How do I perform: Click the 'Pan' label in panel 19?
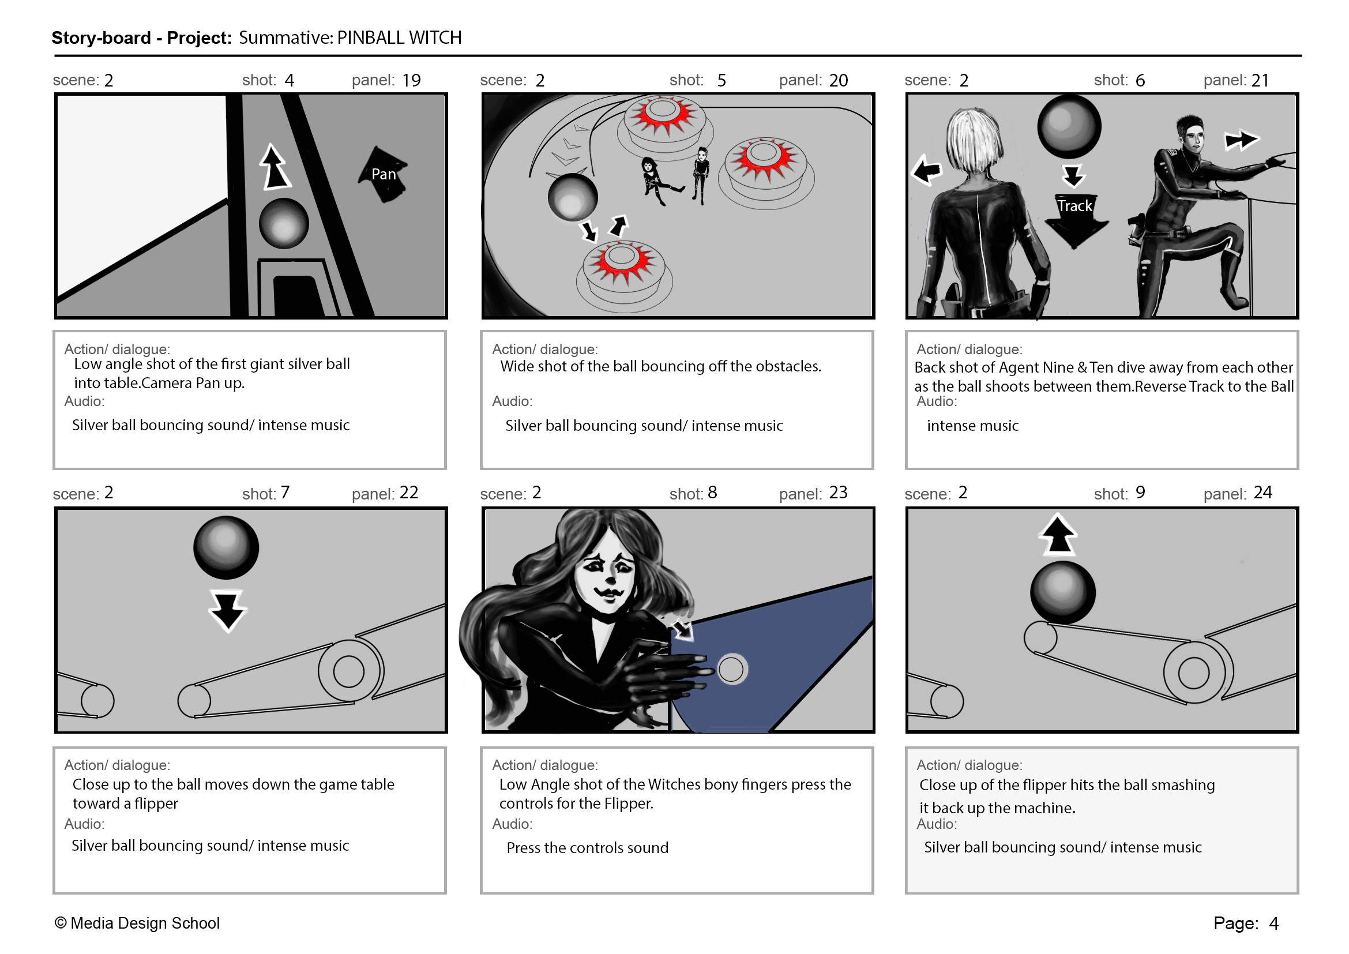(x=383, y=174)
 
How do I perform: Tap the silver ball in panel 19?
(x=284, y=223)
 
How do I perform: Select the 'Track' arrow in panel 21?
(x=1076, y=221)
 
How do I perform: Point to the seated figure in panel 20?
(x=657, y=181)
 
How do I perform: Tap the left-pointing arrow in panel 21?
(x=927, y=170)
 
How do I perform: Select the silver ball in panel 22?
(x=226, y=547)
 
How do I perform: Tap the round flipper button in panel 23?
(x=731, y=669)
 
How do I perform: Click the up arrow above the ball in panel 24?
(x=1058, y=534)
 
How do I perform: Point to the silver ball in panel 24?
(x=1062, y=592)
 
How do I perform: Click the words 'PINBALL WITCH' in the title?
(x=399, y=37)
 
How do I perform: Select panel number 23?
(x=839, y=492)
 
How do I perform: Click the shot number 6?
(x=1140, y=80)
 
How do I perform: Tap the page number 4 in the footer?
(x=1274, y=923)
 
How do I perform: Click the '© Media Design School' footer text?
(x=137, y=923)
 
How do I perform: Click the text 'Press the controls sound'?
(x=588, y=848)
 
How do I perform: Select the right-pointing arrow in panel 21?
(x=1241, y=140)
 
